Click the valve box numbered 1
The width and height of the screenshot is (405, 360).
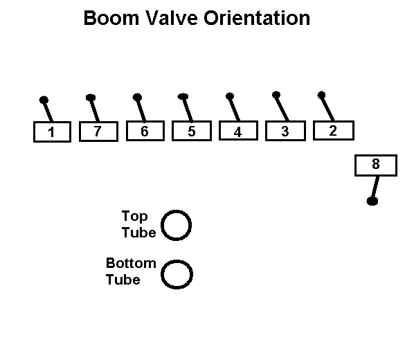click(x=52, y=132)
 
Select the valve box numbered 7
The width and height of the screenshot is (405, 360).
click(x=99, y=131)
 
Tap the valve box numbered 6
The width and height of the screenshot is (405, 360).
click(x=145, y=131)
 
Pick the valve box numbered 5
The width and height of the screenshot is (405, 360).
click(x=192, y=131)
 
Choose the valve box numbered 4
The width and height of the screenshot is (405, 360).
click(x=238, y=130)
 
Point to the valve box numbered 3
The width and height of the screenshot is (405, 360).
click(x=285, y=131)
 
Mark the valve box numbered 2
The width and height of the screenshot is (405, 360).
click(x=334, y=130)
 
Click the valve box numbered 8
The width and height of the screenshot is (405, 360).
click(x=376, y=165)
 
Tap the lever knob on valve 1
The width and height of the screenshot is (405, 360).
click(x=44, y=100)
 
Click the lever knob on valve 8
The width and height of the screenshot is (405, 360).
click(x=372, y=201)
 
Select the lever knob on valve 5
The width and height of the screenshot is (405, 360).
click(x=183, y=97)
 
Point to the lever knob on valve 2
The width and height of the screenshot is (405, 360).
click(x=321, y=95)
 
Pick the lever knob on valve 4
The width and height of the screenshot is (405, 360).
click(x=230, y=96)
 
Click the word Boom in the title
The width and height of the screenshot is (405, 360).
click(x=111, y=18)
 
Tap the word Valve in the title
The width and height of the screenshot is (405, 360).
click(x=172, y=18)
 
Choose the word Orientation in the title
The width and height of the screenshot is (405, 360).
click(x=257, y=18)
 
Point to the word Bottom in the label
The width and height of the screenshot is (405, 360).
click(x=131, y=263)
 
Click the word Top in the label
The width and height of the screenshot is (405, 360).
click(x=134, y=217)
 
